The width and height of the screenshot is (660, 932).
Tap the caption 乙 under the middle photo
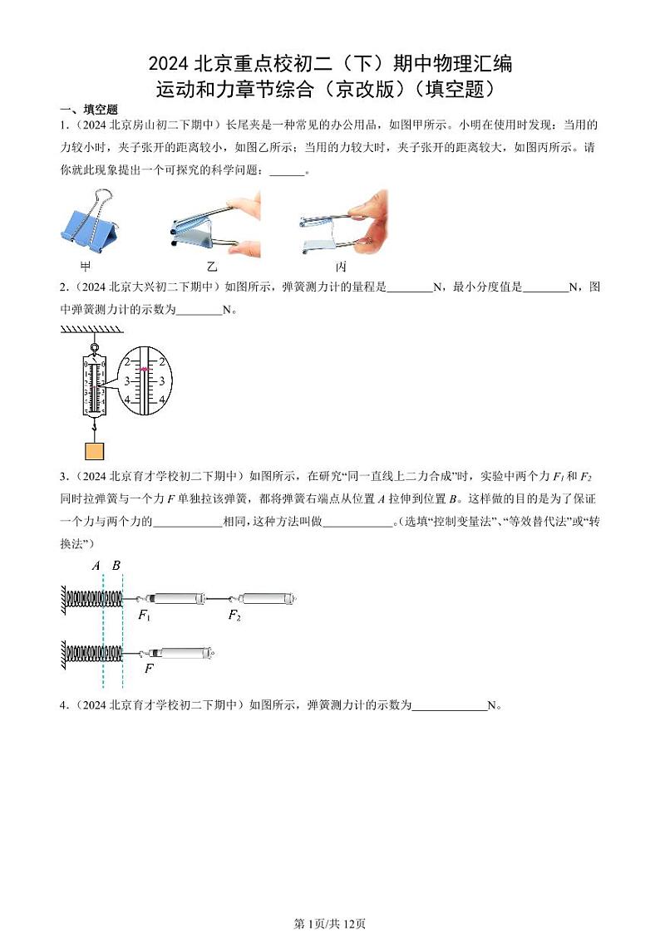(212, 267)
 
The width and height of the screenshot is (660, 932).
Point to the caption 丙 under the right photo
(341, 267)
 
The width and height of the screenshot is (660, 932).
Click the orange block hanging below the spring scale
(95, 451)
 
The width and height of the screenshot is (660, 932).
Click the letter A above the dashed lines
(96, 566)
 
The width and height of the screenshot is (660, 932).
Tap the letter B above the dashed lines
(116, 566)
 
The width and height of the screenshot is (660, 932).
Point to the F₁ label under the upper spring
(144, 616)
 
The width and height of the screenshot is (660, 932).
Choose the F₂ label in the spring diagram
(234, 616)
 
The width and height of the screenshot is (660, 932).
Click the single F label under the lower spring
(149, 668)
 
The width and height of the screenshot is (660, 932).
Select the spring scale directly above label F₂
(265, 598)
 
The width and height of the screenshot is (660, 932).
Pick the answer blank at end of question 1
(288, 172)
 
